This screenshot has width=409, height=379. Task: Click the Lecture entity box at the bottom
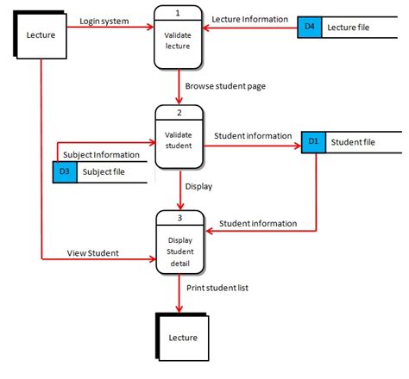(x=183, y=337)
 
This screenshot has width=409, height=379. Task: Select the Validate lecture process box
(x=179, y=38)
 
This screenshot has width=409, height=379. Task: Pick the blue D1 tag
(x=313, y=140)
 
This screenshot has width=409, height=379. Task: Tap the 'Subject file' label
(x=104, y=172)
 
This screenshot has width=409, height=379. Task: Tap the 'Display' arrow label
(x=198, y=185)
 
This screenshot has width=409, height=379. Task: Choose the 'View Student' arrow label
(x=92, y=253)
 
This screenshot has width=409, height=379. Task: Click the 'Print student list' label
(x=217, y=288)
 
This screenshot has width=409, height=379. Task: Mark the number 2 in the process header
(x=179, y=113)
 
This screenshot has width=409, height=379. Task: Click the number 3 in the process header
(x=179, y=215)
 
